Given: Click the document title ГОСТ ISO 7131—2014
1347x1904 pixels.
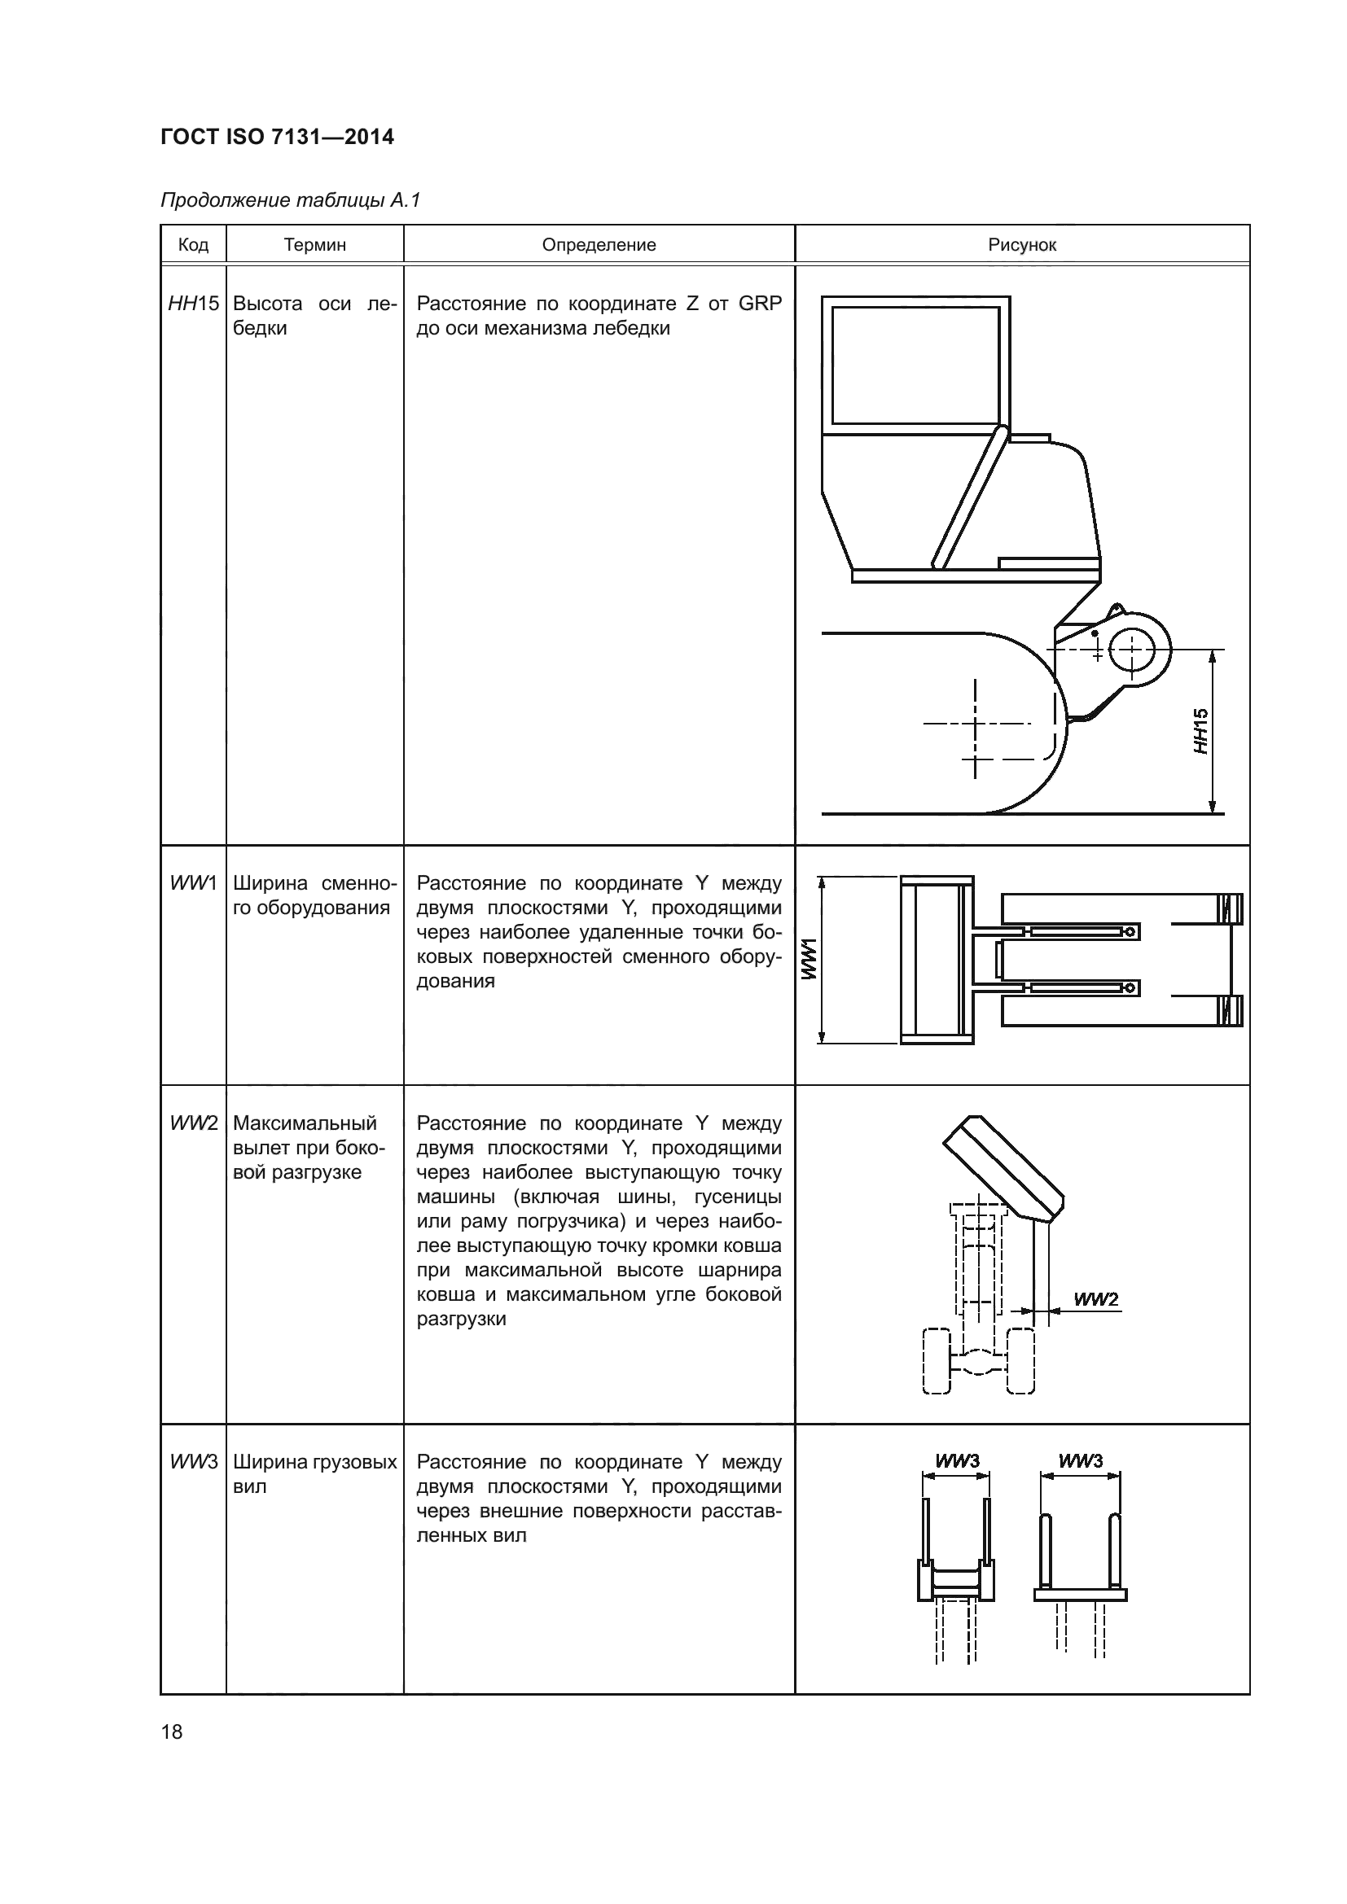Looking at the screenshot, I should tap(277, 137).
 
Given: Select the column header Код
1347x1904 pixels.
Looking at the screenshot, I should tap(193, 245).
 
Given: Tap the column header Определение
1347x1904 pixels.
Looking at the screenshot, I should tap(599, 245).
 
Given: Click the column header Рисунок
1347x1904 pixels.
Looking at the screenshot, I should tap(1022, 245).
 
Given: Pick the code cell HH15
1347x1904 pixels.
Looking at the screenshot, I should tap(193, 304).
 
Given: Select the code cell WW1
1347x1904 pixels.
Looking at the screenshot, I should tap(193, 883).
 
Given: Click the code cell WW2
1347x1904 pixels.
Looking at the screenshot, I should tap(193, 1123).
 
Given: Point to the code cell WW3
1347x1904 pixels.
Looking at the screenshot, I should tap(193, 1462).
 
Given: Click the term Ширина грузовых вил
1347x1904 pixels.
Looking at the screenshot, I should tap(314, 1473).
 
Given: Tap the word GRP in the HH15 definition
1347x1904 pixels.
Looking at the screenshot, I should tap(759, 304).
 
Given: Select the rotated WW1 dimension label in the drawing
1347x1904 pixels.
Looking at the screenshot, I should tap(809, 960).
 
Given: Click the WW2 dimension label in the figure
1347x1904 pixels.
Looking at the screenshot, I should tap(1095, 1299).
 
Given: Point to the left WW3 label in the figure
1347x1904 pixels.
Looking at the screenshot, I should tap(956, 1460).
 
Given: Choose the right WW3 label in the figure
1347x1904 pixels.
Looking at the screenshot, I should tap(1080, 1460).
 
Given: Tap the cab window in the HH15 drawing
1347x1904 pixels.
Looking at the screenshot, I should tap(915, 365).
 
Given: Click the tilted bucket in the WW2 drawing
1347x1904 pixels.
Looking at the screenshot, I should tap(1003, 1169).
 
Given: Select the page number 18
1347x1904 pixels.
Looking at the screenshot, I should tap(172, 1731).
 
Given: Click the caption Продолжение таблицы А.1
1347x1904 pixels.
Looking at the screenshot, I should tap(290, 200).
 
